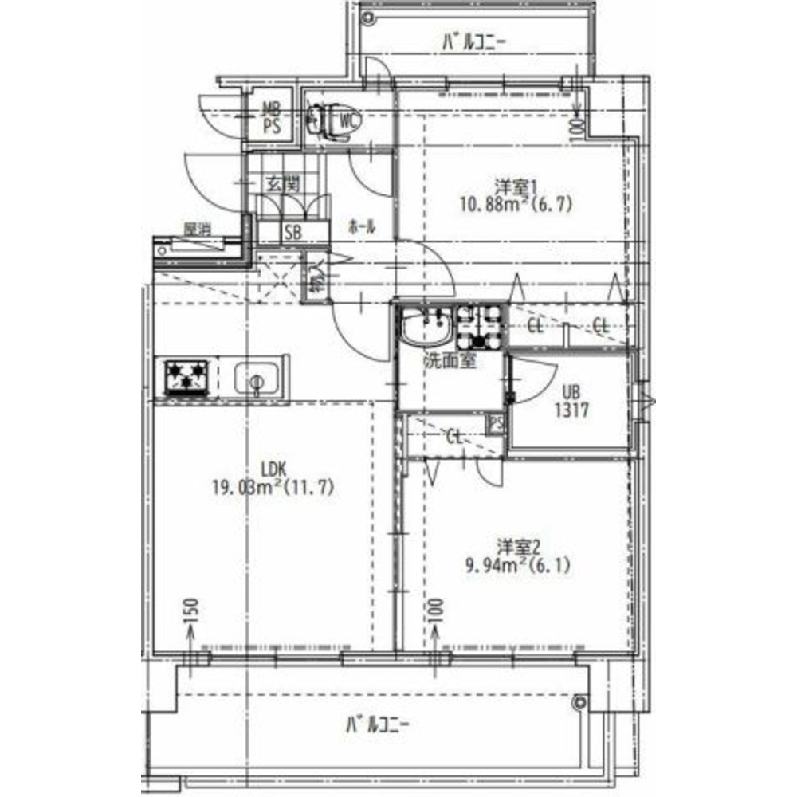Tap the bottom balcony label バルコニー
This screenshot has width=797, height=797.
click(x=378, y=726)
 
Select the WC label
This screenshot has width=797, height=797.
click(x=349, y=121)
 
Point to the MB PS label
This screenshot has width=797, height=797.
click(x=273, y=120)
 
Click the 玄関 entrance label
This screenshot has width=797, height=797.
click(x=282, y=184)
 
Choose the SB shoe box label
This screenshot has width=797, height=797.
click(x=292, y=232)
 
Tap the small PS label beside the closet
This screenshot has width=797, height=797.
click(x=497, y=423)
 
